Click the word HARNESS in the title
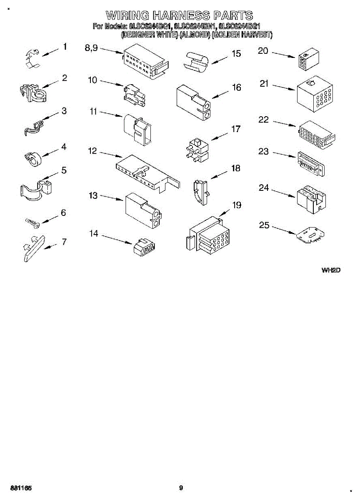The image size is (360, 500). click(x=181, y=16)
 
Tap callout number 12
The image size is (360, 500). click(x=92, y=151)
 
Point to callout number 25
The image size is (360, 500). click(x=264, y=225)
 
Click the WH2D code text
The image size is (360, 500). click(x=331, y=270)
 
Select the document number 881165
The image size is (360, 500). click(x=21, y=488)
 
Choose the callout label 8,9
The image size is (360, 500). click(x=91, y=48)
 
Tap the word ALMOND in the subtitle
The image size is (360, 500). click(x=195, y=35)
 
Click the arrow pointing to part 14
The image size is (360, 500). click(x=116, y=240)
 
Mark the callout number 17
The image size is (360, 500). click(x=236, y=129)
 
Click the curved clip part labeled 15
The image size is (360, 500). click(x=196, y=62)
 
